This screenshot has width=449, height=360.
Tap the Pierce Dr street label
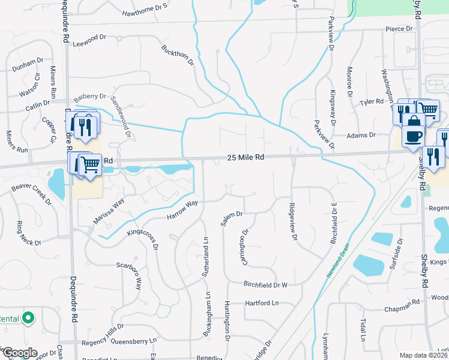coord(399,28)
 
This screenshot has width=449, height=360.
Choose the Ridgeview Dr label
coord(294,220)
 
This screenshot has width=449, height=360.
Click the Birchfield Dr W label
coord(266,284)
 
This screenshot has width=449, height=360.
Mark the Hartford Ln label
coord(262,304)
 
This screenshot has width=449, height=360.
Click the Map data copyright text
coord(423,355)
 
